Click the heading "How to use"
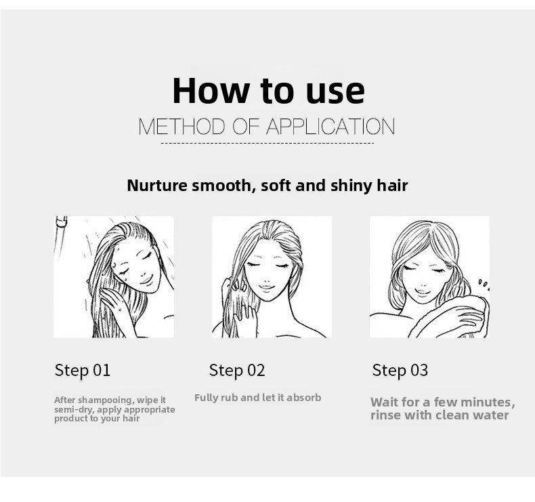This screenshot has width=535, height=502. pos(269,90)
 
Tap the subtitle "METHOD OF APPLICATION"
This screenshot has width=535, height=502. pos(267,127)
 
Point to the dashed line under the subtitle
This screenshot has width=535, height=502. pos(267,144)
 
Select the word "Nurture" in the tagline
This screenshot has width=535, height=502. pos(157,186)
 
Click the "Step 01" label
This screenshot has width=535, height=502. pos(83,371)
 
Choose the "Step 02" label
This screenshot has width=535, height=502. pos(237,371)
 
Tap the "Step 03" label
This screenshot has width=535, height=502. pos(400,371)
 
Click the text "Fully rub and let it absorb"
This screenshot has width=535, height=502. pos(257,398)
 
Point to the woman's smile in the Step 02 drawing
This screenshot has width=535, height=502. pos(266,287)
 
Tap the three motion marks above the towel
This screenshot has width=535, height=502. pos(484,284)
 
